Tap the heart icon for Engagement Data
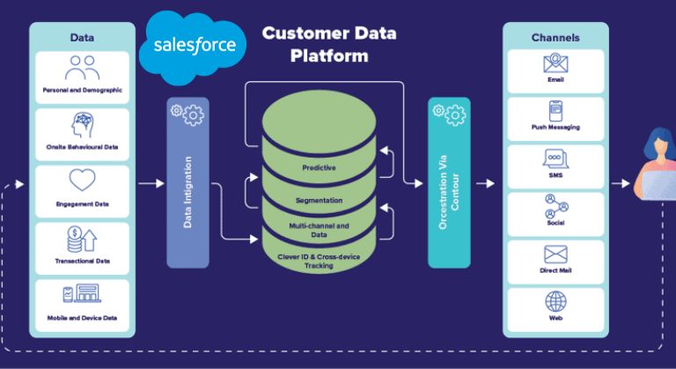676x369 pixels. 82,182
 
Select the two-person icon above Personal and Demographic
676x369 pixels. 82,68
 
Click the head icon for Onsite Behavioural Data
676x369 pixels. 82,125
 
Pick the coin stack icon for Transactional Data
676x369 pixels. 82,239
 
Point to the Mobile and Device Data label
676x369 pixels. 82,317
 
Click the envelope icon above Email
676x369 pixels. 555,63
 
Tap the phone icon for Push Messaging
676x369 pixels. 555,111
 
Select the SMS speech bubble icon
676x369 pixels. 555,159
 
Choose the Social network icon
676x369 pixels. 555,205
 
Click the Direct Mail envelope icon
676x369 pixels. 555,254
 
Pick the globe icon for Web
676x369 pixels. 555,301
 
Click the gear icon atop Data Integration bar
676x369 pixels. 187,113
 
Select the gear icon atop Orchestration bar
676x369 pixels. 449,113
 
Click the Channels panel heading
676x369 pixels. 555,38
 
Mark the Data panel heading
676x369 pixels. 83,37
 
